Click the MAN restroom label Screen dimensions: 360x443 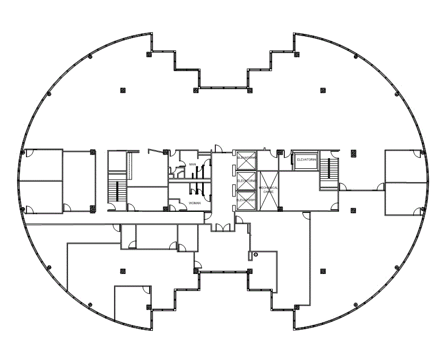point(193,165)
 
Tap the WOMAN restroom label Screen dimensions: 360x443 point(195,203)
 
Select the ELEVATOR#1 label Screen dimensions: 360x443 point(247,158)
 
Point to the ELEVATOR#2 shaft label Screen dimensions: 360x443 point(247,181)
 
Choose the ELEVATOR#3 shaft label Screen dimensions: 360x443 point(247,200)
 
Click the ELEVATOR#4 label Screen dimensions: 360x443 point(307,159)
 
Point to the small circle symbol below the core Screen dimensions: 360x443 point(256,255)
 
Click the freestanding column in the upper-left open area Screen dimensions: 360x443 point(123,90)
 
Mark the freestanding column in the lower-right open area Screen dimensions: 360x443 point(323,271)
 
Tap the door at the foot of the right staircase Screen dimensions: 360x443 point(342,187)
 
